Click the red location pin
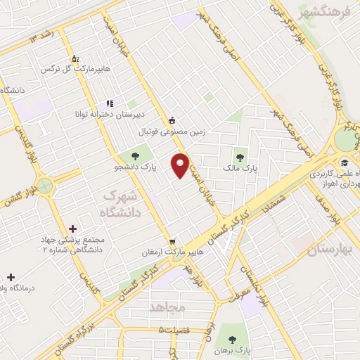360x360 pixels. [x=181, y=165]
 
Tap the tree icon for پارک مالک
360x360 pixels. [x=240, y=157]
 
